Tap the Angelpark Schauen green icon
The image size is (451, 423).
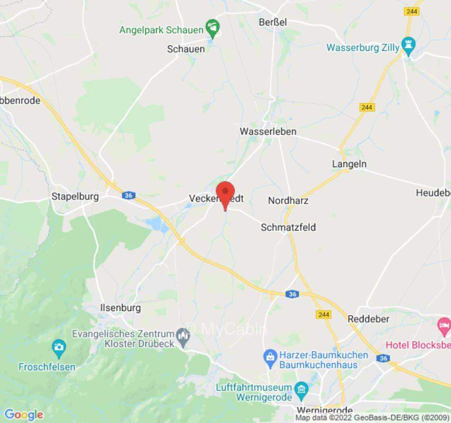pyautogui.click(x=212, y=26)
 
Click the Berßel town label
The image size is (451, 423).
pyautogui.click(x=273, y=22)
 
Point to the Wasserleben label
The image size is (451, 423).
pyautogui.click(x=268, y=131)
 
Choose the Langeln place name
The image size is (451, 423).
pyautogui.click(x=349, y=164)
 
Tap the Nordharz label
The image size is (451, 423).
pyautogui.click(x=288, y=200)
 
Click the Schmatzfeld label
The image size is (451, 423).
pyautogui.click(x=288, y=227)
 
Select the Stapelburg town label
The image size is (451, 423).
pyautogui.click(x=75, y=197)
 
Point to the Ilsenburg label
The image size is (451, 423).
pyautogui.click(x=120, y=308)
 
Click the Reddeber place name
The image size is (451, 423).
pyautogui.click(x=369, y=319)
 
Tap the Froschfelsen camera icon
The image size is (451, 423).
pyautogui.click(x=59, y=348)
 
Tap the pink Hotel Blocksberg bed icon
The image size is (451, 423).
pyautogui.click(x=443, y=323)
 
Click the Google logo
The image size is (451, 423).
pyautogui.click(x=23, y=415)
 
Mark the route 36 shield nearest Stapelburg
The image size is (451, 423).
pyautogui.click(x=128, y=196)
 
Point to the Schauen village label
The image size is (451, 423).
pyautogui.click(x=186, y=49)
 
